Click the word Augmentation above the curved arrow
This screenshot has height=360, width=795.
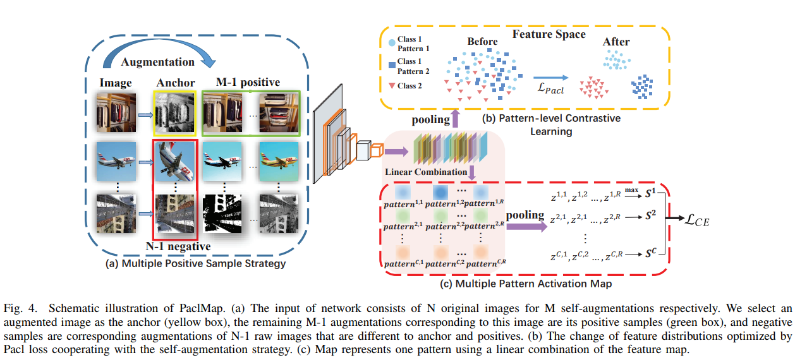[x=158, y=62]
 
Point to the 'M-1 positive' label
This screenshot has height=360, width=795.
[x=248, y=83]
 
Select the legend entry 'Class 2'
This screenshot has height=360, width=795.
[x=410, y=86]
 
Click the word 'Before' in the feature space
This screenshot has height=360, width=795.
[x=482, y=42]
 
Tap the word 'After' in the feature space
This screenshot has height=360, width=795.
[x=616, y=42]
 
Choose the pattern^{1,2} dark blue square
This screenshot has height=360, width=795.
[x=441, y=191]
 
